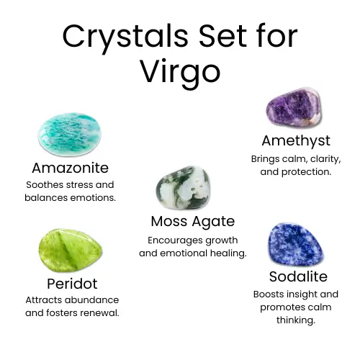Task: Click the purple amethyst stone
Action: click(294, 107)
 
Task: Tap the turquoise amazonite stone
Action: click(70, 134)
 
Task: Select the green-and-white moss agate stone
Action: click(183, 187)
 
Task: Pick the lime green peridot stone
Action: click(70, 250)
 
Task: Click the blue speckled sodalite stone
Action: click(295, 244)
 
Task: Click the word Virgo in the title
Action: click(180, 71)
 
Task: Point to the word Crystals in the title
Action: click(125, 37)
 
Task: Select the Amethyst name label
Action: click(296, 141)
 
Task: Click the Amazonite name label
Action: click(70, 168)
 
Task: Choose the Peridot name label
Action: click(72, 284)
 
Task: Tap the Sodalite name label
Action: click(298, 276)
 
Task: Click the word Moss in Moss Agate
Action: click(169, 221)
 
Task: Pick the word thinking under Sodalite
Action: click(296, 320)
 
